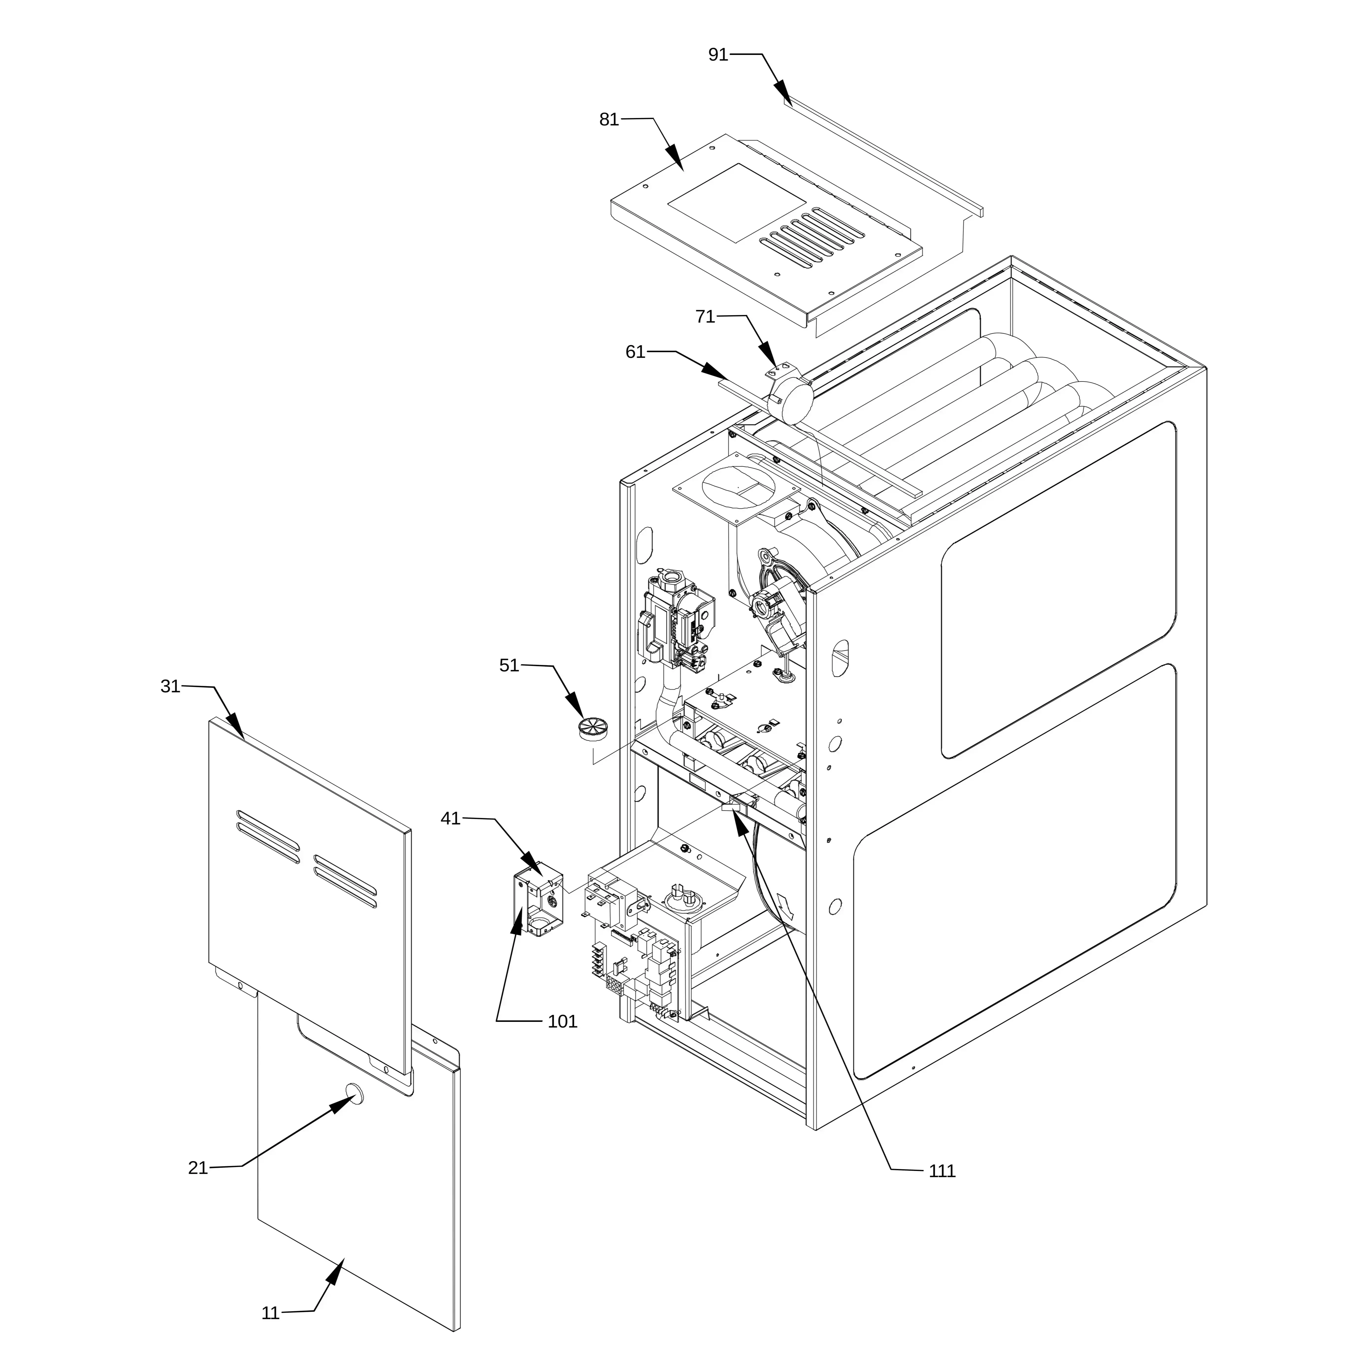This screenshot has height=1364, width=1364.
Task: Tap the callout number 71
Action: (x=705, y=317)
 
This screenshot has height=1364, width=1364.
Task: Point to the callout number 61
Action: (x=635, y=351)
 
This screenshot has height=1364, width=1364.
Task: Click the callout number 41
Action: (x=450, y=818)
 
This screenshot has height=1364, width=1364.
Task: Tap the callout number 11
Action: (x=270, y=1313)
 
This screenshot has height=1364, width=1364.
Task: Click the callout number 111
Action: (x=942, y=1171)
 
